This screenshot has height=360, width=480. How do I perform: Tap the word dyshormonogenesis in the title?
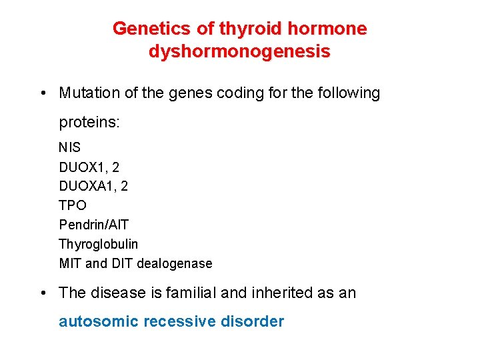coord(239,52)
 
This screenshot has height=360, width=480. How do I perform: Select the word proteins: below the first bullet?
coord(89,123)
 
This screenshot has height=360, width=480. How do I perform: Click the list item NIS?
coord(69,147)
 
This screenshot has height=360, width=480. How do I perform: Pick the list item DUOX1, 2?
coord(89,167)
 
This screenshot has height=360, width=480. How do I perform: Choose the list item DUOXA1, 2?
coord(94,186)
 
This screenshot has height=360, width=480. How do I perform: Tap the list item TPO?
coord(73,205)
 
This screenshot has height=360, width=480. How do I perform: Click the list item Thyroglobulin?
coord(98,244)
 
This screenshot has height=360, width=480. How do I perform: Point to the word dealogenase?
coord(175,263)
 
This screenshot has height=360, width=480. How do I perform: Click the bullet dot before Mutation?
coord(43,93)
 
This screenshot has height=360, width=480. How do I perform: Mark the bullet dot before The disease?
coord(43,293)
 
